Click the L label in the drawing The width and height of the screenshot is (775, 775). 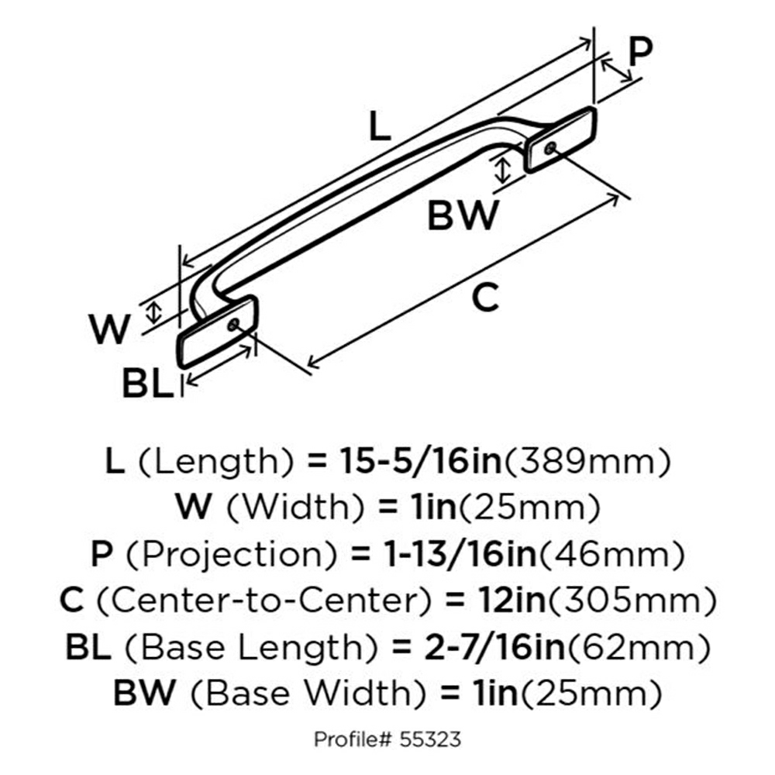click(380, 126)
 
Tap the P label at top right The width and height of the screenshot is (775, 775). click(641, 51)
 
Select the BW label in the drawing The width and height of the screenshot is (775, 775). click(463, 215)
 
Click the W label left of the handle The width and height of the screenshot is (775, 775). click(109, 329)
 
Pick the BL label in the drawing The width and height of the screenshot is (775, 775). click(148, 384)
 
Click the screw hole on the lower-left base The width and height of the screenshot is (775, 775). click(233, 325)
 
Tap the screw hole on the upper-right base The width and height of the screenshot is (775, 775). click(550, 147)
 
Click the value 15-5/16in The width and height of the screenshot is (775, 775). click(421, 460)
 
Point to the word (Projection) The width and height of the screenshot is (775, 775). click(231, 554)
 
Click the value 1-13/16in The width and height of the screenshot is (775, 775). click(461, 553)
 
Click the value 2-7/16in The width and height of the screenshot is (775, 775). click(494, 646)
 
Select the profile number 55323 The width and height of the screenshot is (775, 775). click(430, 739)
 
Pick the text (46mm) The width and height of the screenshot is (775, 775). click(612, 554)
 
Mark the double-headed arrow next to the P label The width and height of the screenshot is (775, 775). click(616, 70)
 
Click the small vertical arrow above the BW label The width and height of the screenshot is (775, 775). click(503, 170)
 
